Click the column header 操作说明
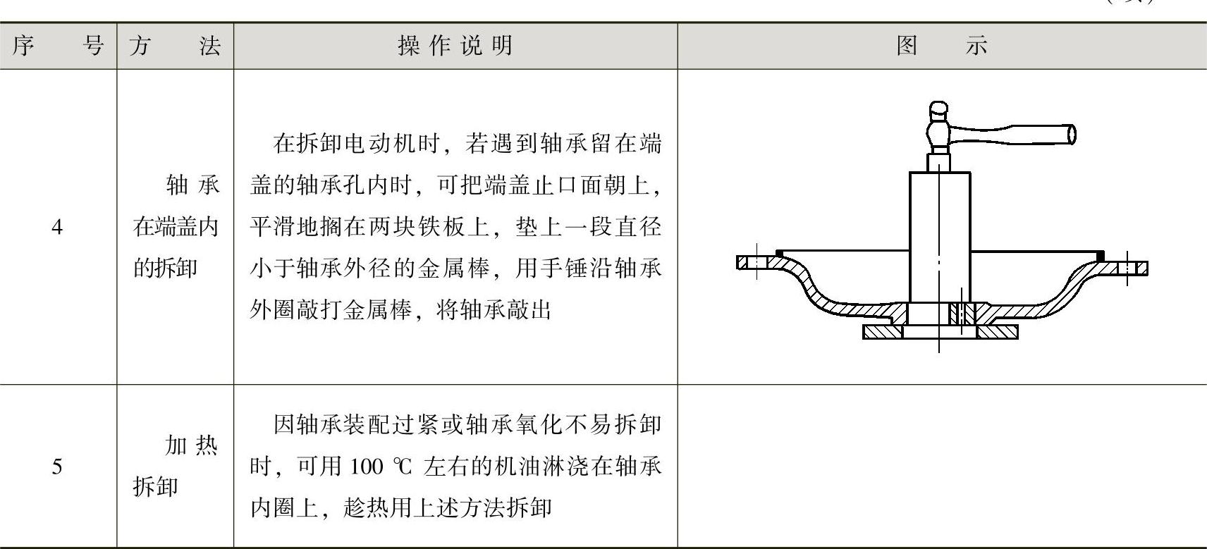(455, 47)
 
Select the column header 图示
(942, 47)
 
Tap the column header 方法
(175, 47)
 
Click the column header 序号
(58, 47)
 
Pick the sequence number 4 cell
(58, 227)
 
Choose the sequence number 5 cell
(58, 466)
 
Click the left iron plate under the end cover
(881, 331)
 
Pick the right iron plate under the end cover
(997, 331)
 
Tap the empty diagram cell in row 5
(942, 466)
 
